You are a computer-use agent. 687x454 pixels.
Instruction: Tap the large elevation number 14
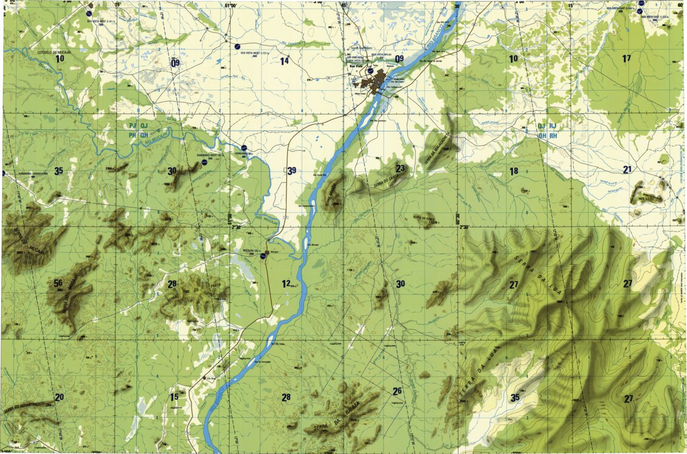pos(284,61)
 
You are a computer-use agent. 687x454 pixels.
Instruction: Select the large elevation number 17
pos(626,58)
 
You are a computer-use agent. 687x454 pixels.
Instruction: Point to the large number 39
pos(292,171)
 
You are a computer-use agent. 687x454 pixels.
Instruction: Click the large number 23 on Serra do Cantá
pos(400,168)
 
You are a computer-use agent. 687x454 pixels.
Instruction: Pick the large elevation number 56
pos(58,283)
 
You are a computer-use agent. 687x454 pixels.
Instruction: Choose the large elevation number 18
pos(514,171)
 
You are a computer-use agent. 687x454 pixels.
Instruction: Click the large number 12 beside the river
pos(286,283)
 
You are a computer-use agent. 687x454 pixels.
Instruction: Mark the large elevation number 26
pos(397,390)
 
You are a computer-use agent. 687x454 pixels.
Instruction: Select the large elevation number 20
pos(59,397)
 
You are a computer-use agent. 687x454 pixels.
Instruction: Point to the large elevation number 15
pos(174,397)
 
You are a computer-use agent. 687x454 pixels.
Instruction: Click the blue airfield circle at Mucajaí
pos(263,256)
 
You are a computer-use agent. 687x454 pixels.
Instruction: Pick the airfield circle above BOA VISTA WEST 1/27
pos(237,46)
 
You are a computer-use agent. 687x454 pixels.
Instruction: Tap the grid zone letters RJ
pos(553,127)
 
